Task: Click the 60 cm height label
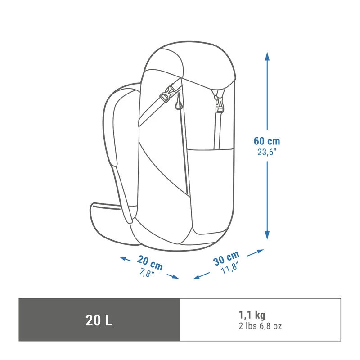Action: pos(267,141)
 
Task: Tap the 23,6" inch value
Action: pos(267,152)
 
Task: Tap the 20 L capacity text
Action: pos(99,320)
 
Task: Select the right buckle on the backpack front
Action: pos(219,103)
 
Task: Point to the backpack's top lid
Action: pos(189,63)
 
